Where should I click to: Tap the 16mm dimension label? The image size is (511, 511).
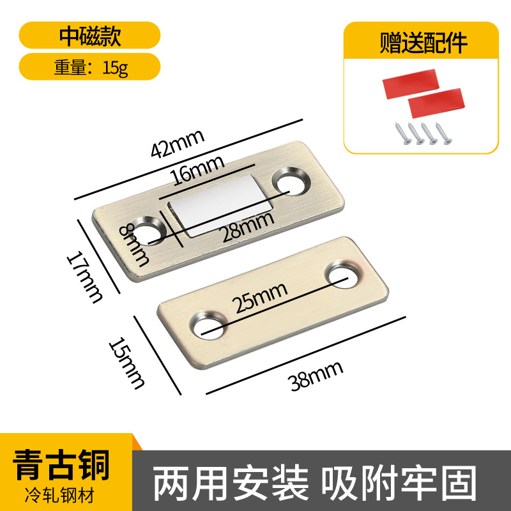pos(197,172)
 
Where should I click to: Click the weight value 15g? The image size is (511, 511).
pos(116,66)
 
